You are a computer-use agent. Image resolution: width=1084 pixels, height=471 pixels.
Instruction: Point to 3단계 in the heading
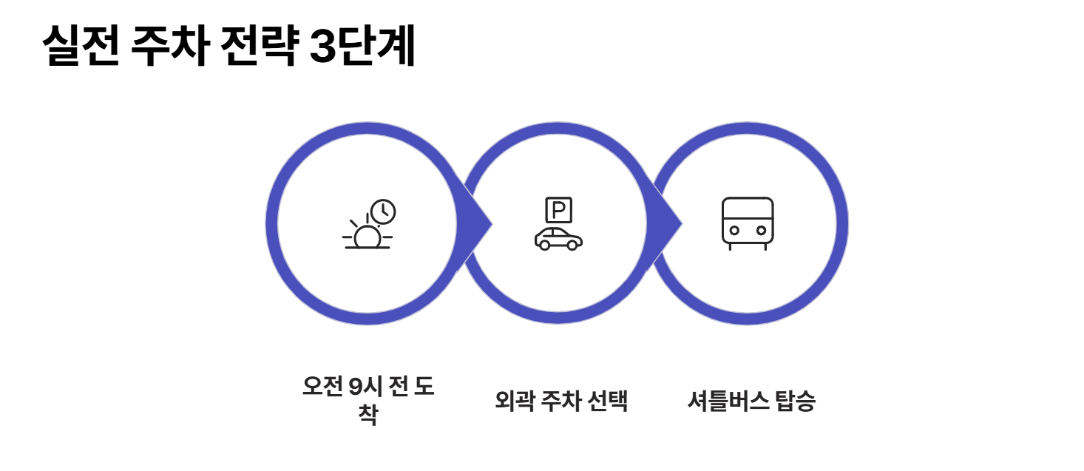[x=362, y=47]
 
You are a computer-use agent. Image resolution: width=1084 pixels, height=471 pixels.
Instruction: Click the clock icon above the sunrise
[x=383, y=211]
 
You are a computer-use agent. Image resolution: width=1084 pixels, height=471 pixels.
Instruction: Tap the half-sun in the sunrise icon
[x=367, y=237]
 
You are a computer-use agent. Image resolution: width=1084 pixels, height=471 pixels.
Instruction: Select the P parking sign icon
[x=558, y=210]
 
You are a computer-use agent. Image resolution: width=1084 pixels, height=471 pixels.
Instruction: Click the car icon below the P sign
[x=558, y=239]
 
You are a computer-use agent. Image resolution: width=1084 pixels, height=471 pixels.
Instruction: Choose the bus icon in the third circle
[x=748, y=223]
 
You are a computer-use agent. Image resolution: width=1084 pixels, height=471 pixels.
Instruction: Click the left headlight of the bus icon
[x=734, y=231]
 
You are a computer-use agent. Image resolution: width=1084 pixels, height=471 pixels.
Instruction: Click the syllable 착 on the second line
[x=367, y=415]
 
